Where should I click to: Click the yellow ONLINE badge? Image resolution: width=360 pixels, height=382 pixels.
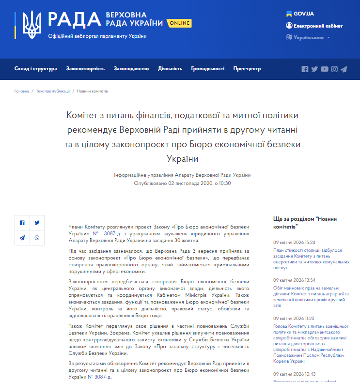[179, 23]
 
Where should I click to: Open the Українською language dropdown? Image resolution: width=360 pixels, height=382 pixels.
[308, 37]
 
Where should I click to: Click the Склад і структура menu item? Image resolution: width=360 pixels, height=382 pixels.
[35, 69]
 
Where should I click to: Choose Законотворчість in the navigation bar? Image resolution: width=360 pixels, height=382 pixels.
[85, 69]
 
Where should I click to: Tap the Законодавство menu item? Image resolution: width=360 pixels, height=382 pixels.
[131, 69]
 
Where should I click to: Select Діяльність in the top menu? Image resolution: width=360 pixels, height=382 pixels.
[170, 69]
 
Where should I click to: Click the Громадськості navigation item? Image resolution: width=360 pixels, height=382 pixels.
[207, 69]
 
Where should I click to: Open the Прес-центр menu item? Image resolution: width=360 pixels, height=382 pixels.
[247, 69]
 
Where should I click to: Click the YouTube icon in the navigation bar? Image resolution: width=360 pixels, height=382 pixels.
[325, 69]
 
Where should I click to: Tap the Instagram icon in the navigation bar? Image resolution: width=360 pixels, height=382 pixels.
[334, 69]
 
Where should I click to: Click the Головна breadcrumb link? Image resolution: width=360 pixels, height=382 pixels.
[22, 91]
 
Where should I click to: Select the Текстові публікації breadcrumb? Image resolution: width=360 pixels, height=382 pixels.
[53, 91]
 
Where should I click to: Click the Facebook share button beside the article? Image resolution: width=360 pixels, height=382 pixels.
[22, 223]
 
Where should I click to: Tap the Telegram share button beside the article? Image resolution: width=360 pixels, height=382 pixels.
[22, 238]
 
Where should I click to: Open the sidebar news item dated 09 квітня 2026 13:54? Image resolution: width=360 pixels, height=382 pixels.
[311, 296]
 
